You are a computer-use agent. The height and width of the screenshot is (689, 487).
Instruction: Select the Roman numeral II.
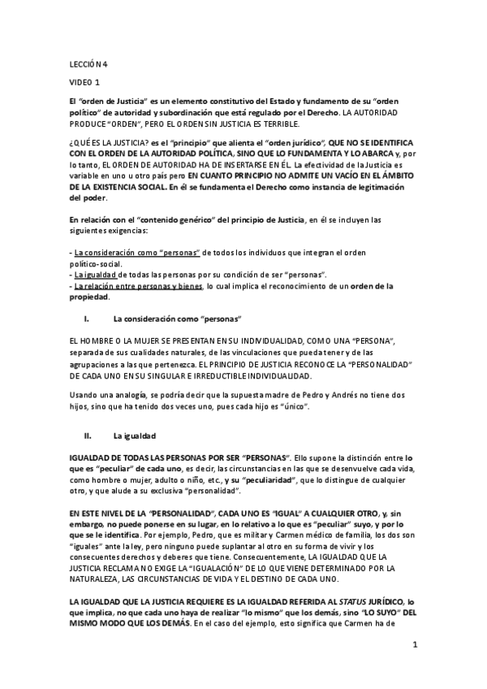coord(99,435)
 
